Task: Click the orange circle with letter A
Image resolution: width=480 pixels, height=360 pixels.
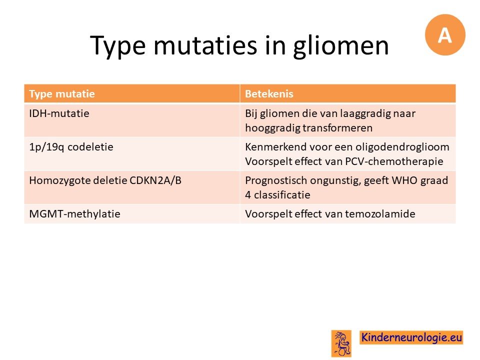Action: [445, 34]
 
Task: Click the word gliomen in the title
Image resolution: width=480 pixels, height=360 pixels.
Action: [340, 46]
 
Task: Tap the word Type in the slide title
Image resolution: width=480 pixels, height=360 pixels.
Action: [118, 46]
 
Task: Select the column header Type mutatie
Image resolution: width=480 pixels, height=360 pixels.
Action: [62, 93]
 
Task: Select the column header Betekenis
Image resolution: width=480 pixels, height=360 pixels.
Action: [269, 93]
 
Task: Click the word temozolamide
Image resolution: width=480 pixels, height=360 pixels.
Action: [380, 213]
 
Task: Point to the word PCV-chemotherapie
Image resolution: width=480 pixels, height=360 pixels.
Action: [394, 161]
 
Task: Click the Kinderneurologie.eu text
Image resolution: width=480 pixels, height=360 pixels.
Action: [411, 337]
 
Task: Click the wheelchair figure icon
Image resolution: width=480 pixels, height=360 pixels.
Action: [341, 343]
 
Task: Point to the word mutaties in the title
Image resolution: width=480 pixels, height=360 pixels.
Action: [205, 45]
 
